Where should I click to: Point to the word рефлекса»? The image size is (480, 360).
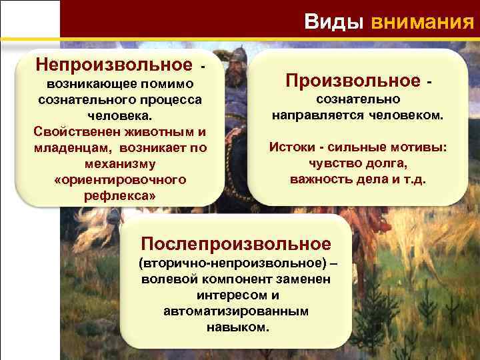pyautogui.click(x=119, y=196)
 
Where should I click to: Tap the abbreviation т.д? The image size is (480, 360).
pyautogui.click(x=415, y=179)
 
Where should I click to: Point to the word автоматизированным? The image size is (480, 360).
pyautogui.click(x=236, y=311)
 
